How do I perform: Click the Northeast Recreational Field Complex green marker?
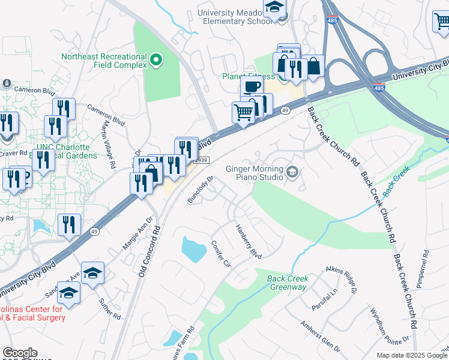156,59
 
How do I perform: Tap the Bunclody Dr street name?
201,190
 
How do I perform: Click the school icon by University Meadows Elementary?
274,8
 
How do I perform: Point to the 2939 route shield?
203,160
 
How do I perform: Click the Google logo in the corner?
20,353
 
